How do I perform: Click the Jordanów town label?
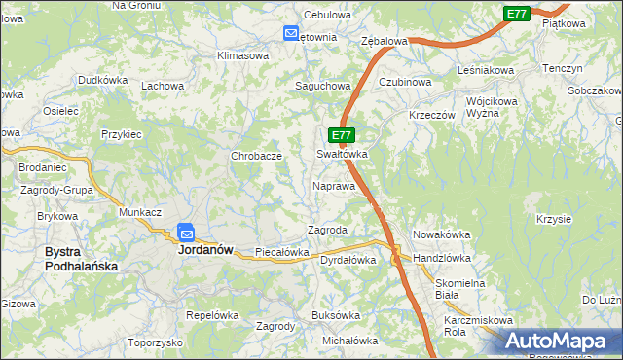[205, 249]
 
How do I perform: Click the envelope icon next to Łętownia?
[291, 34]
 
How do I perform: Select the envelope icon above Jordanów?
[186, 233]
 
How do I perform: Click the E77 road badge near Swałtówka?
[340, 135]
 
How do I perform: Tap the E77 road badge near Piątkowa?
[517, 13]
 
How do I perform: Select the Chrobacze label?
[256, 156]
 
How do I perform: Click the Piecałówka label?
[281, 252]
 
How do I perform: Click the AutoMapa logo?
[559, 342]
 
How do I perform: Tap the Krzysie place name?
[552, 219]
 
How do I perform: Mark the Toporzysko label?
[155, 343]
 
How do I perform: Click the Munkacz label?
[139, 211]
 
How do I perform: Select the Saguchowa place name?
[323, 86]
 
